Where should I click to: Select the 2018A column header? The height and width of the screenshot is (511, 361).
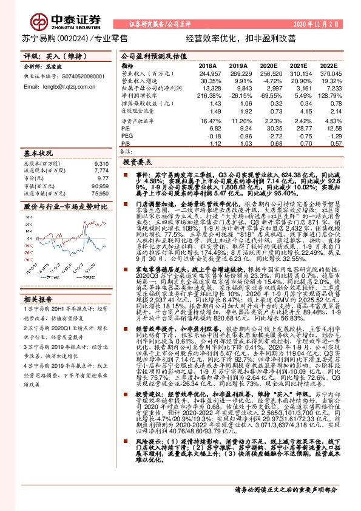(208, 66)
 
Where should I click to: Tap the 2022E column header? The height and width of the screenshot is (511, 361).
(328, 66)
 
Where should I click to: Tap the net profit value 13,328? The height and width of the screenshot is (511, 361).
(208, 88)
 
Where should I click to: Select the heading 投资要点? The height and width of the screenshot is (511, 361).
(137, 163)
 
